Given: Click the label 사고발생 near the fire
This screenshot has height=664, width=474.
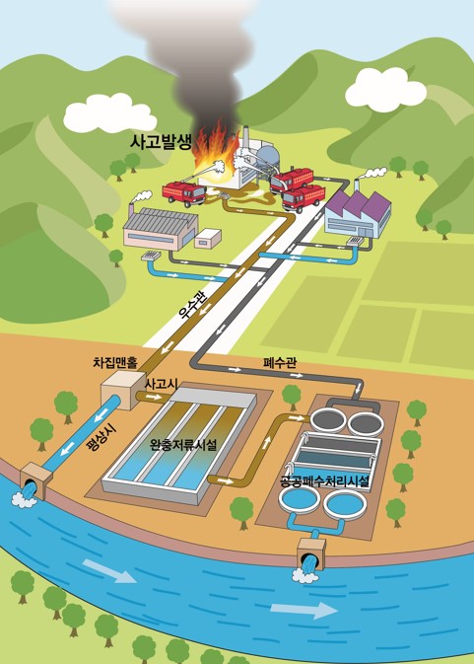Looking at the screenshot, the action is click(x=161, y=142).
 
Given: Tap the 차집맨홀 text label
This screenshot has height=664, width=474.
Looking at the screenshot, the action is click(x=115, y=363).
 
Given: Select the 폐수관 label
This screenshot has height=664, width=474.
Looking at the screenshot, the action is click(x=280, y=362).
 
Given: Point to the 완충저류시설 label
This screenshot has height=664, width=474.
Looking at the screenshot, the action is click(x=183, y=445).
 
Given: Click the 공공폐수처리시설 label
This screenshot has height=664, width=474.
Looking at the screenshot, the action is click(x=325, y=481).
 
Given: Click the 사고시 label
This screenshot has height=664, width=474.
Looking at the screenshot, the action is click(x=161, y=385).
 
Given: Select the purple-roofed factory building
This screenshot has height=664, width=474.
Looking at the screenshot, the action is click(x=358, y=214).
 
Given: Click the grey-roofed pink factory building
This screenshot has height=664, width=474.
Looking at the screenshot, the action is click(x=161, y=228).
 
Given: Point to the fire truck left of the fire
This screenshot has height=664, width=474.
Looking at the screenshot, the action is click(x=184, y=193).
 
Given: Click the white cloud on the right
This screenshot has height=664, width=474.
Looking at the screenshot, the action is click(x=385, y=90).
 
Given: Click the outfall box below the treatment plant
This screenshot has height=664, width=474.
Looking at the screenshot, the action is click(x=311, y=553).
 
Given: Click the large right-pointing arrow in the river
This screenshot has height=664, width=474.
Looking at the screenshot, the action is click(x=304, y=610).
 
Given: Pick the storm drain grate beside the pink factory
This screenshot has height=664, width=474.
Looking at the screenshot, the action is click(x=151, y=257).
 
